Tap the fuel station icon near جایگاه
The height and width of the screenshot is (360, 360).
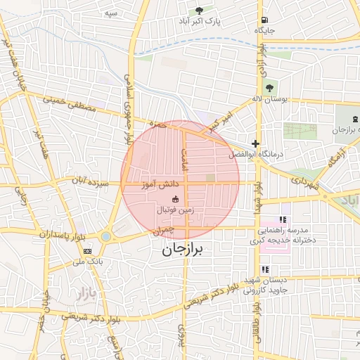264,20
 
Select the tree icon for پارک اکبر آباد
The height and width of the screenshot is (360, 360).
199,11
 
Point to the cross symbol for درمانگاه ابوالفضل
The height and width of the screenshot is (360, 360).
255,143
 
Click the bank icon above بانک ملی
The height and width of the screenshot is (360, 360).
87,251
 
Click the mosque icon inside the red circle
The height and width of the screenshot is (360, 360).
175,199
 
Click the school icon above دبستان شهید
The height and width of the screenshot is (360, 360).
265,269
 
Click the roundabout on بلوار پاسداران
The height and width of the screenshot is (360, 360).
105,237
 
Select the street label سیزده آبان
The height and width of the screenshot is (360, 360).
93,181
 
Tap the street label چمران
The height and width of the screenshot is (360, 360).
161,229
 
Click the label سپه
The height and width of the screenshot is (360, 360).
110,13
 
